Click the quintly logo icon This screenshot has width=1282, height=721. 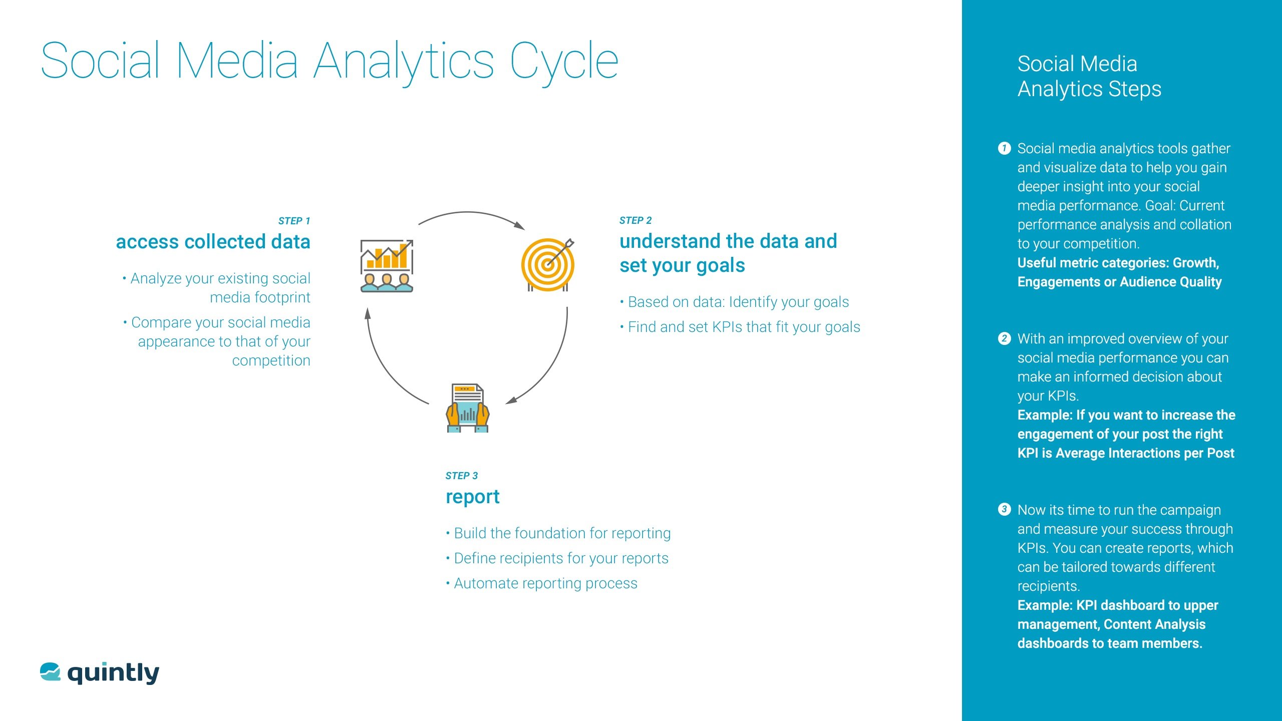(x=50, y=672)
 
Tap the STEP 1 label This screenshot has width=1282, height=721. (x=294, y=221)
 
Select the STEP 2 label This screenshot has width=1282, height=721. (x=635, y=220)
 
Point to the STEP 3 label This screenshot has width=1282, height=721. (x=462, y=476)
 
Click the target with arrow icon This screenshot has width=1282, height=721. (x=548, y=265)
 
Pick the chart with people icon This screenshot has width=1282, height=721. (x=387, y=266)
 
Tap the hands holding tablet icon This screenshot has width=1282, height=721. (x=468, y=408)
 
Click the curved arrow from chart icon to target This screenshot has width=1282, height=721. (x=468, y=212)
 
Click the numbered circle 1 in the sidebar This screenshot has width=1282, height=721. (x=1004, y=148)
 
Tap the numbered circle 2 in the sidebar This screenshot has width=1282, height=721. (x=1004, y=338)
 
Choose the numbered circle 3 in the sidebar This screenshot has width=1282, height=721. (x=1004, y=510)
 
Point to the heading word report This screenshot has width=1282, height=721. (x=473, y=497)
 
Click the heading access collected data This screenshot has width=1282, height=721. (x=213, y=242)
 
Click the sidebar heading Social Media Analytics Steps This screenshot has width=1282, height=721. (x=1089, y=76)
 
